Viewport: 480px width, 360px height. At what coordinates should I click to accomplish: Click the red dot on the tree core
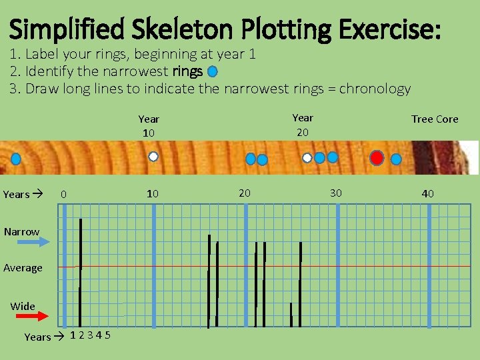click(x=377, y=158)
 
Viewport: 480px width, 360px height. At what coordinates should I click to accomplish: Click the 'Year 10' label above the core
click(x=149, y=126)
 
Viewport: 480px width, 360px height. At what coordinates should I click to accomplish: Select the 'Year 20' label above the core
click(x=303, y=125)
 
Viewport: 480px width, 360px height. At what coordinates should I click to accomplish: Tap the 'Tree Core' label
click(x=435, y=119)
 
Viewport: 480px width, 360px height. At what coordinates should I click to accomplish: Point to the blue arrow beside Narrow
click(x=47, y=243)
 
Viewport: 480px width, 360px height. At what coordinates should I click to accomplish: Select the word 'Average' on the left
click(x=23, y=268)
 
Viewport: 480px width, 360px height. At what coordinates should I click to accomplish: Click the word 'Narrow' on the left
click(x=21, y=232)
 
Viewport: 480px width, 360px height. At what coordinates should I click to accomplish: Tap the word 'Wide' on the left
click(x=23, y=307)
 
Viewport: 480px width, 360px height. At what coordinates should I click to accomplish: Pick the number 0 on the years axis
click(x=63, y=195)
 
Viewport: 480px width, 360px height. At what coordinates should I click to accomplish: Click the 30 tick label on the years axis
click(x=336, y=193)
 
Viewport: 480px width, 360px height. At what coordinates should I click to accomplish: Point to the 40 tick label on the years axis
click(x=427, y=194)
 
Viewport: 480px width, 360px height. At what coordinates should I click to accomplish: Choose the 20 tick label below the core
click(x=245, y=193)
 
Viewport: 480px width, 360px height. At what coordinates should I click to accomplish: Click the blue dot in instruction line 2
click(x=212, y=71)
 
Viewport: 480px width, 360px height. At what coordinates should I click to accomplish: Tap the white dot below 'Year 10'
click(x=153, y=157)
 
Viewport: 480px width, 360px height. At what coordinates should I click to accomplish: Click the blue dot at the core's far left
click(x=15, y=159)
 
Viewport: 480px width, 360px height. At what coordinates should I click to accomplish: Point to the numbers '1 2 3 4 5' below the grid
click(x=91, y=335)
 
